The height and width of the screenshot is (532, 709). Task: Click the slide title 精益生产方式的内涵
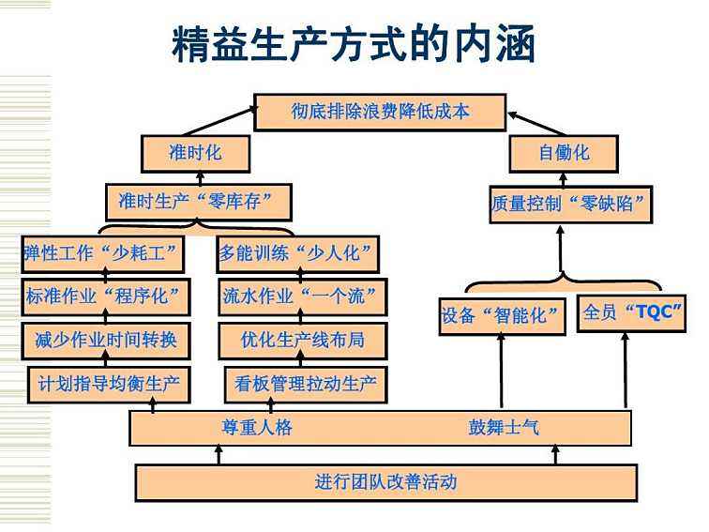pos(354,43)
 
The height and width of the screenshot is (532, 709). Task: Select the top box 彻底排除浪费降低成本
pos(379,112)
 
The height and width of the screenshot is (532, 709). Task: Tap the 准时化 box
pos(195,153)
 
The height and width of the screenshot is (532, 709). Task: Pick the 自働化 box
pos(563,153)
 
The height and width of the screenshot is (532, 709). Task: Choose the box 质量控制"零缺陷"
pos(571,205)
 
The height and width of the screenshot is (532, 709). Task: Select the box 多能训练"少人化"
pos(299,253)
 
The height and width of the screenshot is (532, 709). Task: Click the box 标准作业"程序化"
pos(104,296)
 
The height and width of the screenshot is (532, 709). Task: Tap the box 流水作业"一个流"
pos(302,296)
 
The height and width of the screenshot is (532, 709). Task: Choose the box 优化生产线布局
pos(302,340)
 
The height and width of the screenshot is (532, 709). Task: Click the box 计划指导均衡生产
pos(108,383)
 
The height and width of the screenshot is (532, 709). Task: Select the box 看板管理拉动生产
pos(305,383)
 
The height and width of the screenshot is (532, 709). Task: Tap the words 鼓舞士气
pos(504,428)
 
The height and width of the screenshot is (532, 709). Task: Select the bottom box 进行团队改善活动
pos(385,482)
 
